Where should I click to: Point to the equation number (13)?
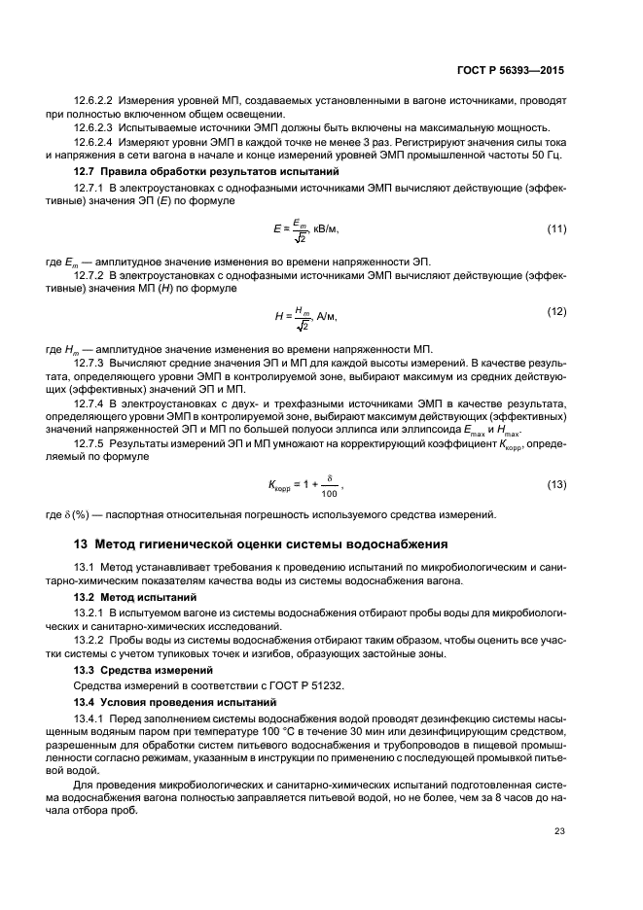[556, 484]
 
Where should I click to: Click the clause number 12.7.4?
[89, 400]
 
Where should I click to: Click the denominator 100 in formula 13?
[329, 494]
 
